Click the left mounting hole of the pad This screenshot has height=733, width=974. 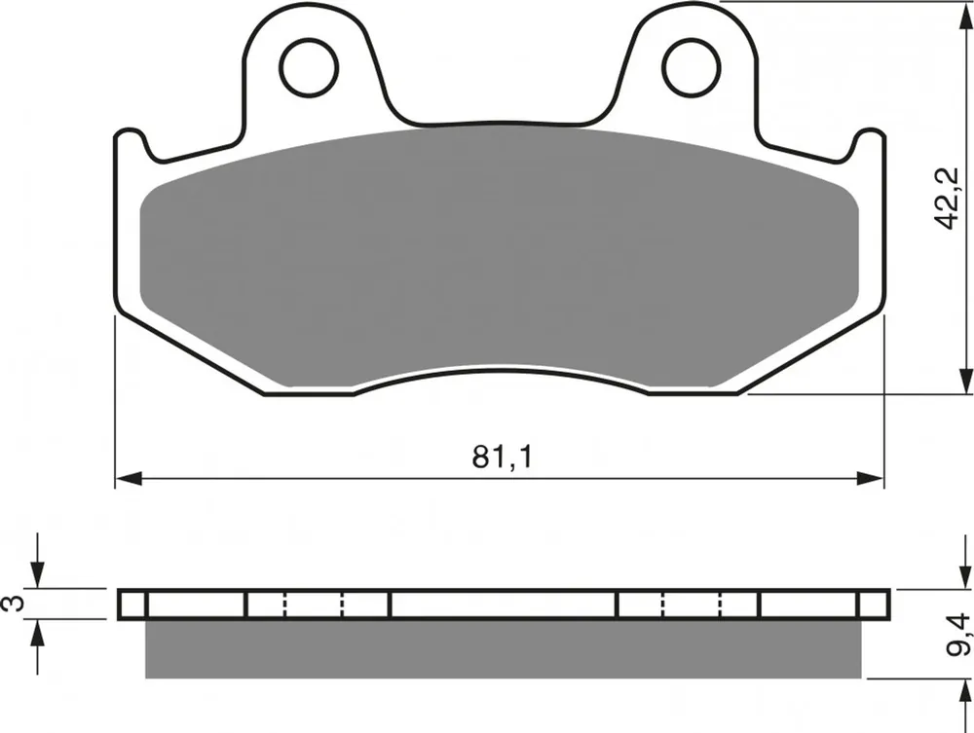coord(309,67)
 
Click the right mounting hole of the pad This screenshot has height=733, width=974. coord(692,67)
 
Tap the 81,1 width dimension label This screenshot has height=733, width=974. coord(503,458)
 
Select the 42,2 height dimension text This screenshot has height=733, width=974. coord(949,198)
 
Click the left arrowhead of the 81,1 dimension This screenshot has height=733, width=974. coord(130,479)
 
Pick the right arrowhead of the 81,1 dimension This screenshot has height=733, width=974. coord(870,479)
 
